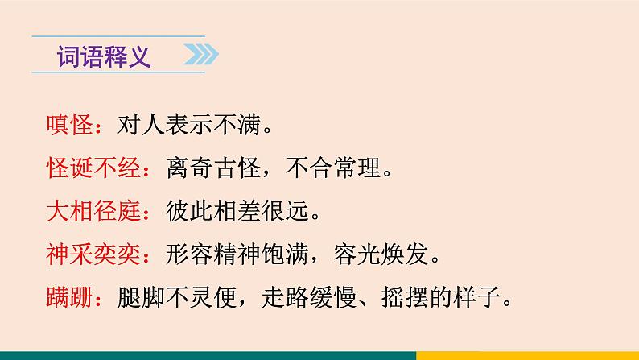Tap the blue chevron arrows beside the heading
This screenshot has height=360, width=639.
201,57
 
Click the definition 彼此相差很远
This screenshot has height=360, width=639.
230,213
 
